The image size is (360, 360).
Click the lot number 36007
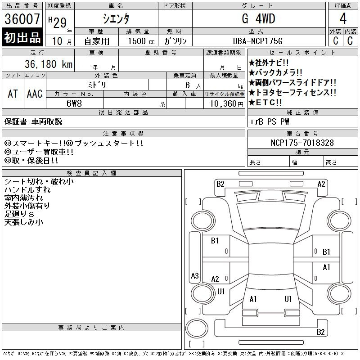pos(22,19)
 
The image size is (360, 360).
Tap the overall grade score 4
pos(343,19)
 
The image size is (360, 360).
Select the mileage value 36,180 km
pos(49,64)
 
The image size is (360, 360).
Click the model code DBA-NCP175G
pos(257,41)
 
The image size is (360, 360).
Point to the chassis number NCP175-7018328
pos(302,143)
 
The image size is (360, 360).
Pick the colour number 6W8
pos(74,103)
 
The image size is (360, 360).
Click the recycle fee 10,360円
pos(227,104)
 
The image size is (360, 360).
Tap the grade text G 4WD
pos(258,19)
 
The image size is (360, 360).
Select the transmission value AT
pos(13,94)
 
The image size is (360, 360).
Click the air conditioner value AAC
pos(35,94)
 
